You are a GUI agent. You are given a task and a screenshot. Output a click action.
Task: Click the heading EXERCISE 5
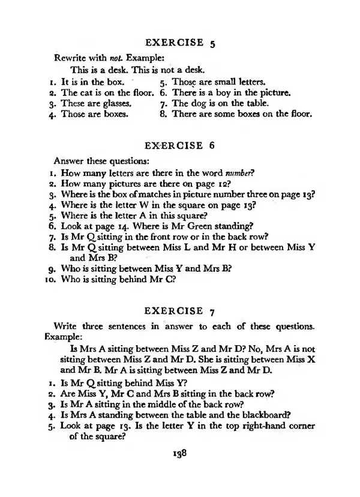[184, 43]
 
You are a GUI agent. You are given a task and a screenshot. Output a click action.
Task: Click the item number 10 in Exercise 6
[50, 280]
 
